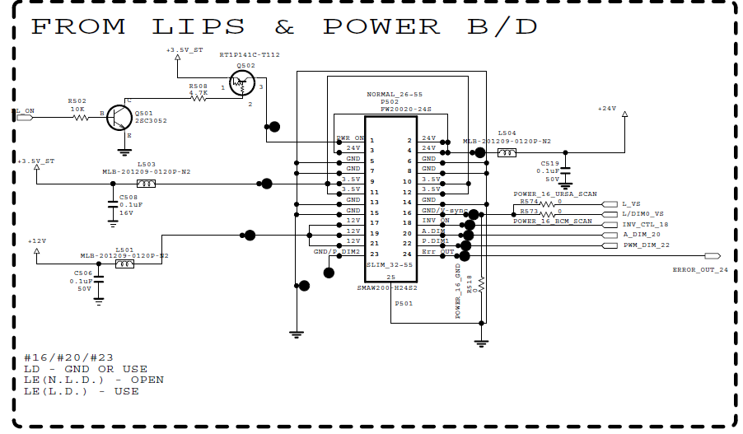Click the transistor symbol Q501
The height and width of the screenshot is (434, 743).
(x=120, y=118)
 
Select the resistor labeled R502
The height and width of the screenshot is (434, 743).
(x=81, y=118)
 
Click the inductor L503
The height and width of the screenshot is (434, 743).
(x=145, y=183)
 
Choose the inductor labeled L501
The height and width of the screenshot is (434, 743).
(x=124, y=265)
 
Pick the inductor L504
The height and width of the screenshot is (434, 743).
(x=507, y=152)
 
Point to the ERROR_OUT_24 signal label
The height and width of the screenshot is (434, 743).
(x=700, y=269)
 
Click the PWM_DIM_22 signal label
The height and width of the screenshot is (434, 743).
(x=647, y=245)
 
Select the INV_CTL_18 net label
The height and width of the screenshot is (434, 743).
(x=646, y=224)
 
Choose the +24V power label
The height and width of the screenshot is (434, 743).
(x=606, y=108)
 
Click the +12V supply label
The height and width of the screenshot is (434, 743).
(x=36, y=241)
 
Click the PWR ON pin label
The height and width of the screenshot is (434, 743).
(x=350, y=138)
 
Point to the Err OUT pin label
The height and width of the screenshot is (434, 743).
(x=437, y=251)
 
